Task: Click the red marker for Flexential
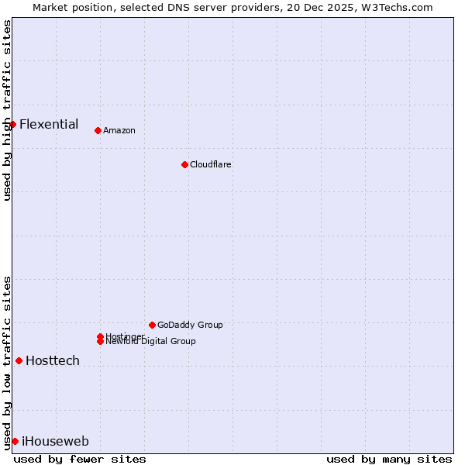click(x=12, y=124)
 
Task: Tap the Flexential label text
click(x=49, y=124)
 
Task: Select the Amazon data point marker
click(x=98, y=130)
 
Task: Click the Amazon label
click(x=119, y=130)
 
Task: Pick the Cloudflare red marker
click(x=184, y=164)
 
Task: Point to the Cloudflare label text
click(x=211, y=164)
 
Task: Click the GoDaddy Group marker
click(x=152, y=325)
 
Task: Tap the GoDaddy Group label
click(x=190, y=325)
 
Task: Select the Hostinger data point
click(x=100, y=336)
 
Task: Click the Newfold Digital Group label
click(x=150, y=342)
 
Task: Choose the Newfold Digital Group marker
click(x=100, y=341)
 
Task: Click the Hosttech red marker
click(x=19, y=360)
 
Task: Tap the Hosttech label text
click(x=53, y=360)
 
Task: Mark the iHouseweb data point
click(x=15, y=441)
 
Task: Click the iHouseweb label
click(x=56, y=442)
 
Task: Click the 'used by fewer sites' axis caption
click(x=80, y=459)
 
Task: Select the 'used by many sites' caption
click(x=389, y=459)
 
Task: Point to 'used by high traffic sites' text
click(x=7, y=110)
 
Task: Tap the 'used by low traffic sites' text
click(x=7, y=363)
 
